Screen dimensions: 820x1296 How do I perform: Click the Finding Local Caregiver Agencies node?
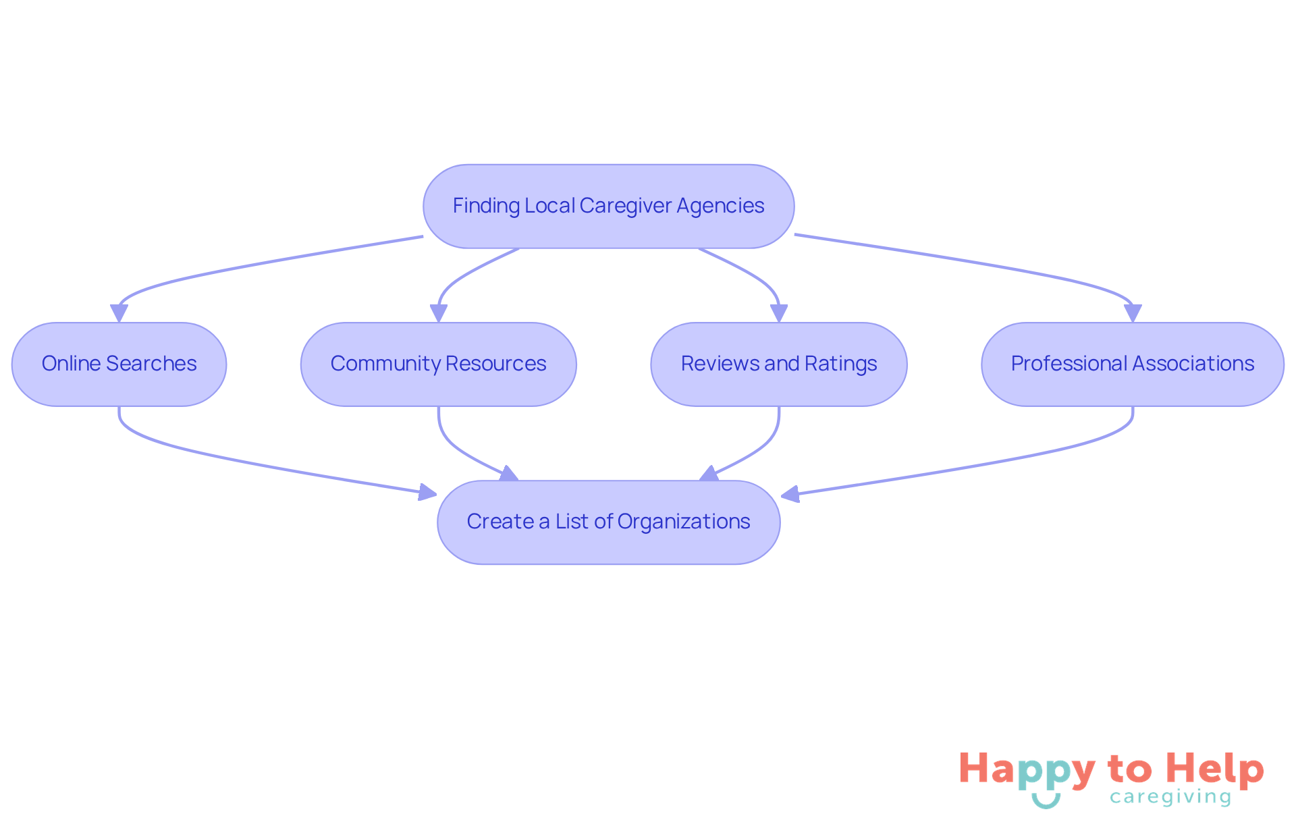(x=608, y=206)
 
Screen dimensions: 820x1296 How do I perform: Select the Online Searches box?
(x=119, y=364)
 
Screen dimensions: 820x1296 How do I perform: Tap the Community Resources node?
(x=438, y=364)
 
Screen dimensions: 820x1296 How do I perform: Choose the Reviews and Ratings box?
(x=778, y=364)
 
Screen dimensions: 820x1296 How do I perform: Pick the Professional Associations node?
(x=1132, y=364)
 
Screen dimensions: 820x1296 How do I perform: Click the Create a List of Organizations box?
(x=608, y=522)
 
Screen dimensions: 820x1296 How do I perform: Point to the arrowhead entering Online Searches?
(x=119, y=313)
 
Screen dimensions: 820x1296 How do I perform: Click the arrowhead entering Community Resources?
(x=439, y=313)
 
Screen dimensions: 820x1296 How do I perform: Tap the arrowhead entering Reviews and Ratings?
(x=779, y=313)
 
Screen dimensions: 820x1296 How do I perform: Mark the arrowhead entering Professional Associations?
(x=1133, y=313)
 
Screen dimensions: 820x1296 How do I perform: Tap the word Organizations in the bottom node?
(x=683, y=522)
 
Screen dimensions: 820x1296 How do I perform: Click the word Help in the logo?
(x=1214, y=769)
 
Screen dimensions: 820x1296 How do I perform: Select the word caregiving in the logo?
(x=1170, y=797)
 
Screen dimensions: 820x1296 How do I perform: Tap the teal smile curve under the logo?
(x=1046, y=801)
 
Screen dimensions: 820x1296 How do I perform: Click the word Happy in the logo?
(x=1027, y=770)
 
